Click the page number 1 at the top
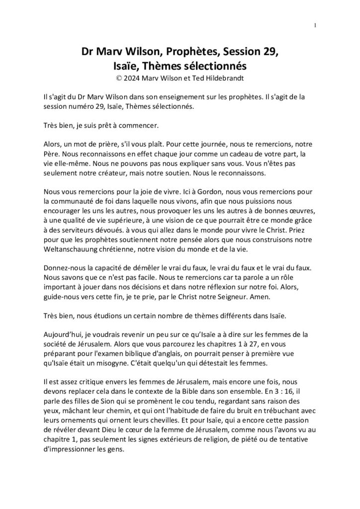coord(316,25)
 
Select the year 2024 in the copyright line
coord(135,78)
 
